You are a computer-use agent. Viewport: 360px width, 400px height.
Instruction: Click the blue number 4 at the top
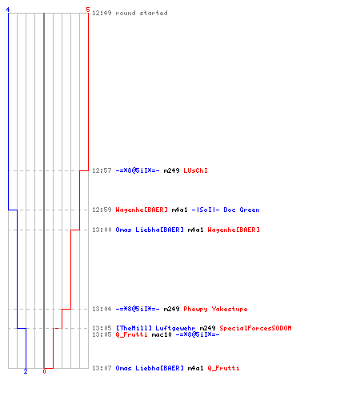pos(8,10)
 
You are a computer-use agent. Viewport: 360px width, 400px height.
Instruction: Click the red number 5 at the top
pos(88,10)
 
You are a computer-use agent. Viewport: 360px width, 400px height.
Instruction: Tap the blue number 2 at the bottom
pos(26,371)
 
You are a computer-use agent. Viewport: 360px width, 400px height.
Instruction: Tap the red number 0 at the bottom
pos(44,371)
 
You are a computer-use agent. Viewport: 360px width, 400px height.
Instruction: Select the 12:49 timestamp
pos(102,13)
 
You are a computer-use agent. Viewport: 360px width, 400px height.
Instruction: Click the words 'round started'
pos(142,13)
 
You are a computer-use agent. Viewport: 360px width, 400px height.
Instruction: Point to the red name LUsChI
pos(195,170)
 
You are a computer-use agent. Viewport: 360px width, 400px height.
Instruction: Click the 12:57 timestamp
pos(102,170)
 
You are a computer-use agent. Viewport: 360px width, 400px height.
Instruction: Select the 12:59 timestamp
pos(102,210)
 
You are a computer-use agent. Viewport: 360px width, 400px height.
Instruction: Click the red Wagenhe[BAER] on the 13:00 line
pos(234,230)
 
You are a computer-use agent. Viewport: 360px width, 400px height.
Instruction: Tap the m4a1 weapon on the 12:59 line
pos(180,210)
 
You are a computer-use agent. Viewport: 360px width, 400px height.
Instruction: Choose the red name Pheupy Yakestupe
pos(215,309)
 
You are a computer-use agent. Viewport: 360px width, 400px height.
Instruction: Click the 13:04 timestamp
pos(102,309)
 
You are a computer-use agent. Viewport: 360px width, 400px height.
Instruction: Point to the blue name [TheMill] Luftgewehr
pos(155,328)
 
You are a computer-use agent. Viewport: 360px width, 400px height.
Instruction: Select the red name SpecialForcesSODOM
pos(255,328)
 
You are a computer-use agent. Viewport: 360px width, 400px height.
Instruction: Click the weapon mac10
pos(162,334)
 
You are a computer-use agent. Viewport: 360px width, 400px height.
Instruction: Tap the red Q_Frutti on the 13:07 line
pos(223,368)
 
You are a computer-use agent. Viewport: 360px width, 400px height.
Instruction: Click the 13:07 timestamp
pos(102,368)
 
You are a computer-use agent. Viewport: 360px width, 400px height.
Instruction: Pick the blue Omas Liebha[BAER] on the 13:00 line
pos(150,230)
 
